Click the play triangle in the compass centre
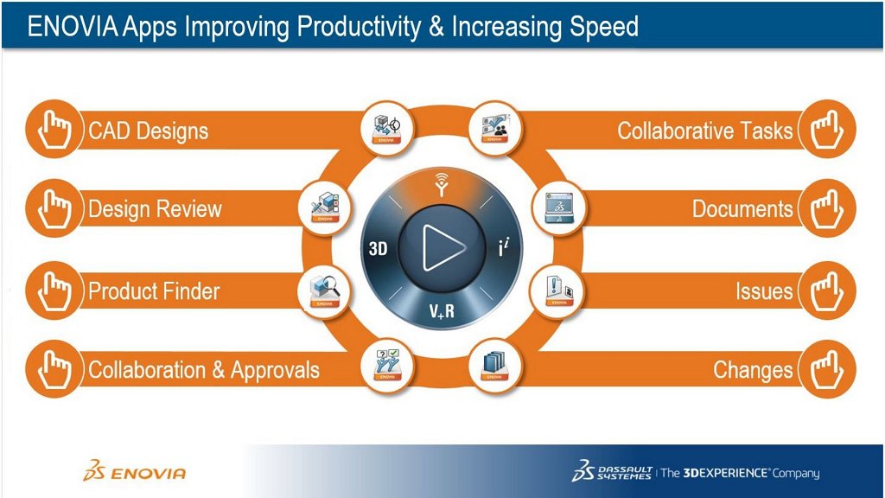click(x=443, y=247)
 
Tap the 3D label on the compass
click(x=379, y=248)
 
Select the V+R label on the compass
click(x=442, y=311)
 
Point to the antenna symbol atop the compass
click(x=442, y=185)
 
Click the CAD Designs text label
click(x=149, y=131)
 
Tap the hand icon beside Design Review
click(x=54, y=209)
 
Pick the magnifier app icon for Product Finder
click(x=325, y=291)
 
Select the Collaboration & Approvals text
click(x=204, y=370)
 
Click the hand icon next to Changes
click(x=827, y=369)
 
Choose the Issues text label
click(x=764, y=291)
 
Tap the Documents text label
click(x=742, y=209)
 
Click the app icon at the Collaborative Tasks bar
click(x=495, y=129)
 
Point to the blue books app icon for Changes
click(x=495, y=365)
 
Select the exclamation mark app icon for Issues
click(x=557, y=291)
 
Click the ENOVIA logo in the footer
click(x=134, y=471)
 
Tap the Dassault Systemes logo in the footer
click(x=613, y=471)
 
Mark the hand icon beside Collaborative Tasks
click(x=827, y=129)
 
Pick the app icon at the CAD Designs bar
click(x=386, y=129)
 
